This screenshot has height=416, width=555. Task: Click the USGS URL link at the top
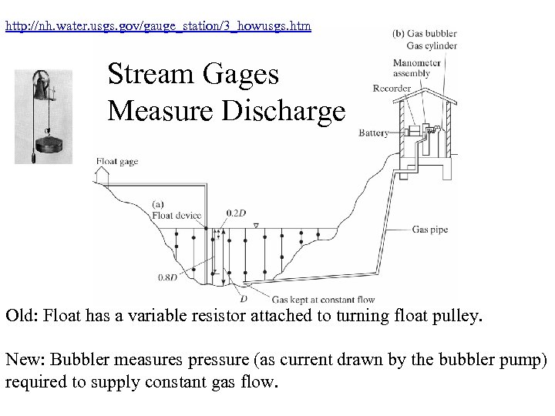tap(158, 26)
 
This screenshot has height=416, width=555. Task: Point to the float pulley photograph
tap(43, 115)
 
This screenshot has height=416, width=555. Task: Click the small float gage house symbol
tap(103, 176)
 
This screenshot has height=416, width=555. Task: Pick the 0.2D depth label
tap(236, 212)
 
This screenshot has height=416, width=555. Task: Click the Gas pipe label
tap(429, 229)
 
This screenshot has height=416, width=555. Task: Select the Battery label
tap(373, 133)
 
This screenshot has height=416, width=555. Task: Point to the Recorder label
tap(392, 89)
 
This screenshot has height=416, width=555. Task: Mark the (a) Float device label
tap(172, 210)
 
